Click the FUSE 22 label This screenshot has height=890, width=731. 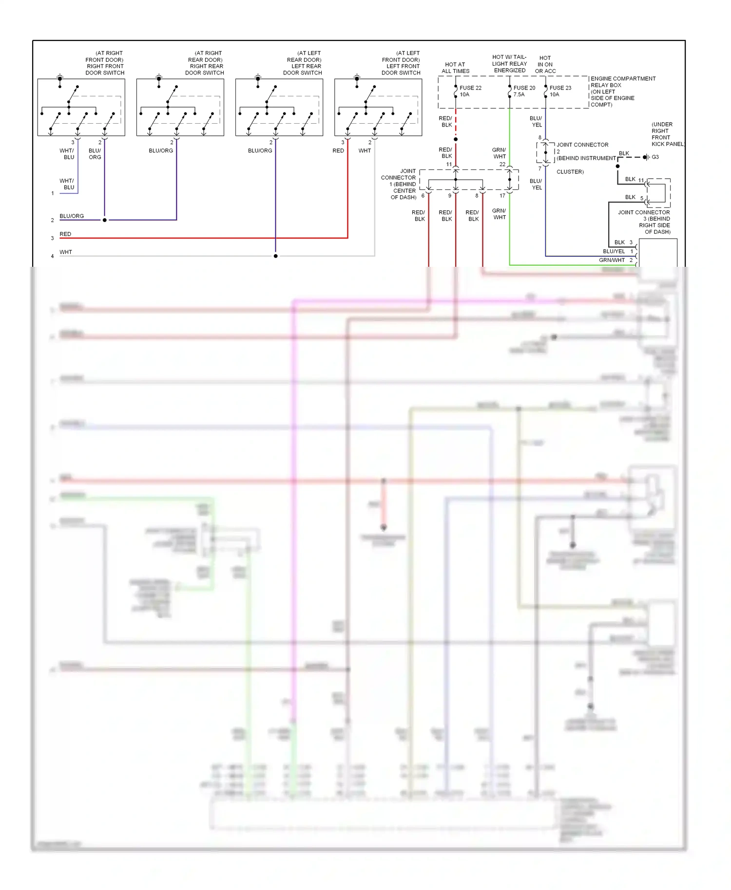470,88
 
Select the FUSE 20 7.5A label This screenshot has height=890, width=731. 524,91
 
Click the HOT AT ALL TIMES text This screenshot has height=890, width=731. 455,68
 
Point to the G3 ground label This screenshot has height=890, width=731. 655,157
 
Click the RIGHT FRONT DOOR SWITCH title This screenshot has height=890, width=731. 105,63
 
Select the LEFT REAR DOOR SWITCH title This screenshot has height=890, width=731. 303,63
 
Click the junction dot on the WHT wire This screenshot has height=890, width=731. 276,256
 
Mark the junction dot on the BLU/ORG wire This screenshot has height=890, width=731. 105,220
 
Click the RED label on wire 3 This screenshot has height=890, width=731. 65,234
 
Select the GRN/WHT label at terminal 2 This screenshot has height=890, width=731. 612,260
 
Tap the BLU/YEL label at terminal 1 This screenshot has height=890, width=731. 614,252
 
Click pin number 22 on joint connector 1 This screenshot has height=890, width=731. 502,165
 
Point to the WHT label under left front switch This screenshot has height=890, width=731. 365,151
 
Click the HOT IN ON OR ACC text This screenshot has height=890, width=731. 545,64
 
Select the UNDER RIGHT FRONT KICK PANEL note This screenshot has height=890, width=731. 667,134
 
